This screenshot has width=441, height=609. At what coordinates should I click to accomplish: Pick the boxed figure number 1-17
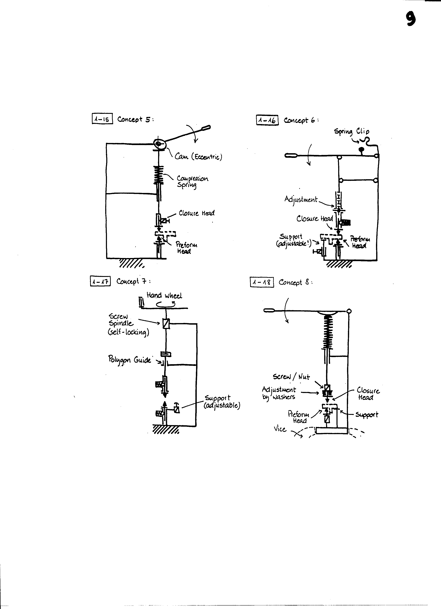(x=100, y=281)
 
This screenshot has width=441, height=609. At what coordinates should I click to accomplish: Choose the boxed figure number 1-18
(x=262, y=282)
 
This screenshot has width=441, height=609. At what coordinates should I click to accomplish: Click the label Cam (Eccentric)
(x=198, y=157)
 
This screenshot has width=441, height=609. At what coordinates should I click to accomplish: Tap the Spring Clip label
(x=351, y=131)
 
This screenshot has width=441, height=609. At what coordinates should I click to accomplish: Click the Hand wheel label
(x=164, y=296)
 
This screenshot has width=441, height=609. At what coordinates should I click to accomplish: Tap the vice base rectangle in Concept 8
(x=332, y=430)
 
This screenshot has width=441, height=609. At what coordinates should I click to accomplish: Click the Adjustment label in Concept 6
(x=301, y=200)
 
